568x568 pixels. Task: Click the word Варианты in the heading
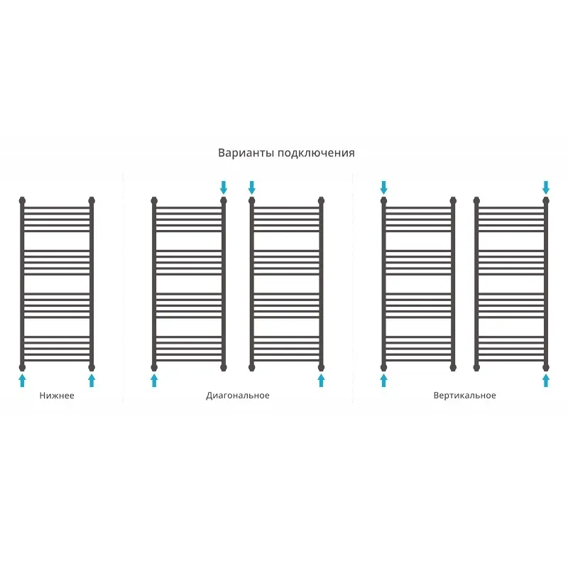point(246,153)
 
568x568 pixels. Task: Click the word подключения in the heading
point(316,153)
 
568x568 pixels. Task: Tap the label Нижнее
point(57,395)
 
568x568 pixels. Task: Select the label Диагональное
point(238,395)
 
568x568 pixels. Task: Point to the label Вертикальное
point(464,395)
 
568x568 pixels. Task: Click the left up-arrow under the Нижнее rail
point(23,381)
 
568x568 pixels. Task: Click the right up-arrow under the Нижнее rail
point(92,381)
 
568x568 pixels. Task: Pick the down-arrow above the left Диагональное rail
point(224,187)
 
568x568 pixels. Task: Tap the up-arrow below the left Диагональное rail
point(154,381)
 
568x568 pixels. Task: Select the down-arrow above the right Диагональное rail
point(252,187)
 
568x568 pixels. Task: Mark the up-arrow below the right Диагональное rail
point(321,381)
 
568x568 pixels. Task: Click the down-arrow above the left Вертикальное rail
point(383,187)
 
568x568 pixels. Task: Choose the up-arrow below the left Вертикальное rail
point(383,381)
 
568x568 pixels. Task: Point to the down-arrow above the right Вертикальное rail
point(546,187)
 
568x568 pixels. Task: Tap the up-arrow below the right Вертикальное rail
point(546,381)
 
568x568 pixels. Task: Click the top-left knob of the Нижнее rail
point(23,200)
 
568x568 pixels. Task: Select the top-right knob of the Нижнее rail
point(92,200)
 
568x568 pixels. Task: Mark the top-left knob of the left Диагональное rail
point(154,200)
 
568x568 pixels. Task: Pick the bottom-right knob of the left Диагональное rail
point(224,368)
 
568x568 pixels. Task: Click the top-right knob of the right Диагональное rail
point(321,200)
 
